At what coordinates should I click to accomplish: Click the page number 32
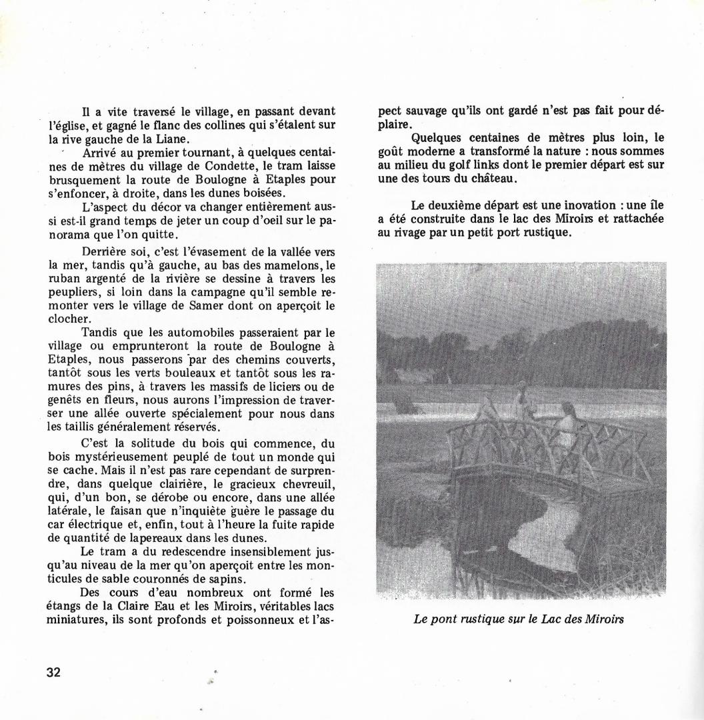pos(54,672)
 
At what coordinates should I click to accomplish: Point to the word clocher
pos(65,319)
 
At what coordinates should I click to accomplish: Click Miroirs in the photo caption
pos(603,619)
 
